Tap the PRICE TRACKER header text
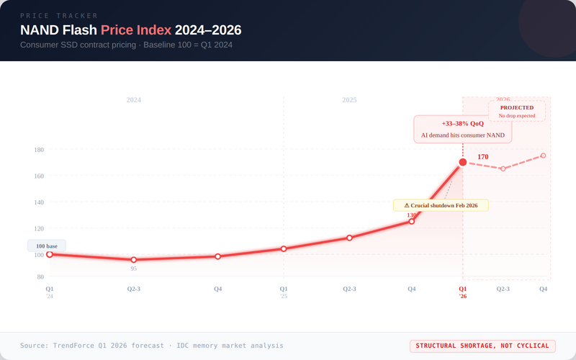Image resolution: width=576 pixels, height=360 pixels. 59,15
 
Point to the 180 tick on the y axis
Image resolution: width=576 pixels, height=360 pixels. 39,150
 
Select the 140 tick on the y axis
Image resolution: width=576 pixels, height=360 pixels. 39,202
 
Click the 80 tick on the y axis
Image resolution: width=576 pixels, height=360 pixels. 39,276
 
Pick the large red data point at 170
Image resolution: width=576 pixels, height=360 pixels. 463,162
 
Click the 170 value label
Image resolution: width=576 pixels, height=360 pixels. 483,156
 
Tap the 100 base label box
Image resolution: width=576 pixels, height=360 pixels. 47,246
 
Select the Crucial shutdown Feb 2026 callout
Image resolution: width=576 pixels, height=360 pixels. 441,205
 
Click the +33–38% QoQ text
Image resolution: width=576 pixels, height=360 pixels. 462,123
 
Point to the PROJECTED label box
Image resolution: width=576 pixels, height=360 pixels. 516,111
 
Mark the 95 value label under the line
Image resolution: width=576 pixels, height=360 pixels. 134,269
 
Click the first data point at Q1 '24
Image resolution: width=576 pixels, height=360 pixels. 50,254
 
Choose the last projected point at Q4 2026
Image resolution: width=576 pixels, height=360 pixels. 543,156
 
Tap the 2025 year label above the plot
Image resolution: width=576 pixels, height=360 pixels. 349,100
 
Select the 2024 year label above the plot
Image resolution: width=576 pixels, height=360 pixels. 134,100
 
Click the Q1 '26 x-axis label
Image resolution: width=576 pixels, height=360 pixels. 463,292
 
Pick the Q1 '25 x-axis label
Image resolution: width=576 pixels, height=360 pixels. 284,292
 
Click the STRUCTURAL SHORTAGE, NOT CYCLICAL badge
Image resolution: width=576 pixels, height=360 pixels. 482,346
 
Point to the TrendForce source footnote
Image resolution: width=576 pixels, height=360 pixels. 151,346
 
